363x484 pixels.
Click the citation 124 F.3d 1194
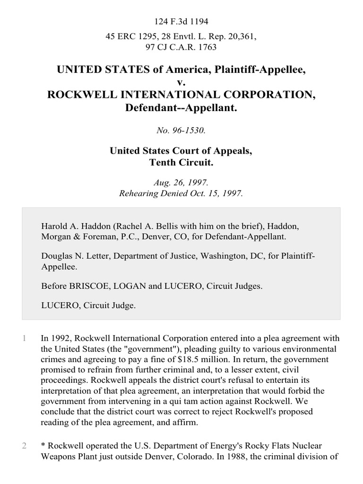coord(181,21)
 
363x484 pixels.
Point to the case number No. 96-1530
coord(181,130)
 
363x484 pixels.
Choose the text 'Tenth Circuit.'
coord(181,163)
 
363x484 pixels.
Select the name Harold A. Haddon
coord(71,227)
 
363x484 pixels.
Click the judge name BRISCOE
coord(86,285)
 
